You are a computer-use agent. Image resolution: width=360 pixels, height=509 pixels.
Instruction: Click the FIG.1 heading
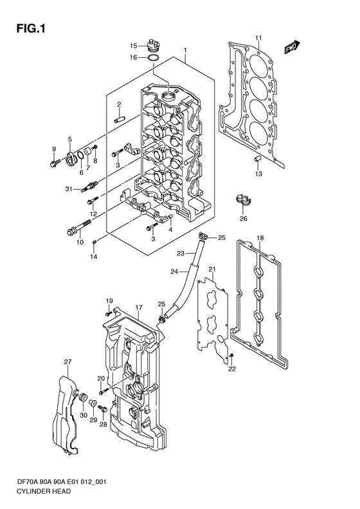[x=31, y=29]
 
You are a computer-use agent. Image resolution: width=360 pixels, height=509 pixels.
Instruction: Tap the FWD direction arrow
[x=292, y=47]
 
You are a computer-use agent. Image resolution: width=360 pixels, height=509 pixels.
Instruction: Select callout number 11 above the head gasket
[x=258, y=38]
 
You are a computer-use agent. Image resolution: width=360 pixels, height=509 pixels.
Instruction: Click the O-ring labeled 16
[x=153, y=58]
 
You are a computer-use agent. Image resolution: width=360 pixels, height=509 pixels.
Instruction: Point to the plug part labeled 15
[x=154, y=45]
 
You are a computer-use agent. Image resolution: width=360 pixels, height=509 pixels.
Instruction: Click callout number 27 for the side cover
[x=67, y=362]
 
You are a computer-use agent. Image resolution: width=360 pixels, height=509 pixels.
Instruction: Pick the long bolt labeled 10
[x=78, y=227]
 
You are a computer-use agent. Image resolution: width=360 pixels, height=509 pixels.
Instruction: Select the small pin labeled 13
[x=258, y=158]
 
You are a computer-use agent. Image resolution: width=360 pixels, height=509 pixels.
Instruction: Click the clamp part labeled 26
[x=243, y=200]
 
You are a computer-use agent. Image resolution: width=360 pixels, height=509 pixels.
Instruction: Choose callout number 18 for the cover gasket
[x=260, y=238]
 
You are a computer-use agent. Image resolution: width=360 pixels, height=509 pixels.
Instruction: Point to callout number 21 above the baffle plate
[x=212, y=269]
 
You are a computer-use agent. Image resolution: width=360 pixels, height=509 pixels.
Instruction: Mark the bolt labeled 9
[x=55, y=163]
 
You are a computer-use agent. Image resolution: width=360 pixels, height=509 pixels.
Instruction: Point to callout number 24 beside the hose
[x=174, y=272]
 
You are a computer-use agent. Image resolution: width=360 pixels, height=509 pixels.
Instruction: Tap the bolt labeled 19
[x=109, y=313]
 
